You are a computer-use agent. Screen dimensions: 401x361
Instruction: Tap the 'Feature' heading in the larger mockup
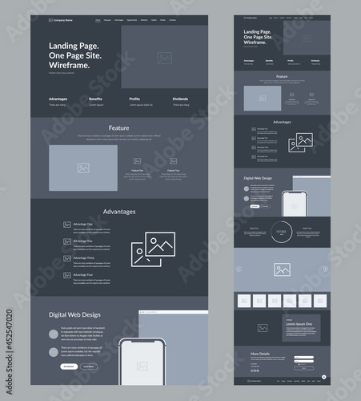[x=119, y=128]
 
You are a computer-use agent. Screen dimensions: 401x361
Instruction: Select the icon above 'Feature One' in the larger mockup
[x=138, y=160]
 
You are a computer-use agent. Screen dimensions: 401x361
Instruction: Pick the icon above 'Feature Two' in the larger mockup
[x=173, y=160]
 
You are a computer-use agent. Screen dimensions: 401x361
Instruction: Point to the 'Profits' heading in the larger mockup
[x=135, y=99]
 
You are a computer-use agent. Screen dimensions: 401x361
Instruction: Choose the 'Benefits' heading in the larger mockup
[x=95, y=99]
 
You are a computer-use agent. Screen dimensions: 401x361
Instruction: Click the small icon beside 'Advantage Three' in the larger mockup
[x=67, y=259]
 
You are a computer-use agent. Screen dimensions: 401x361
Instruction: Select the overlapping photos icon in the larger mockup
[x=154, y=249]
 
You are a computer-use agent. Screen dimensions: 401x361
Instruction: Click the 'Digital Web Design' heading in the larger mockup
[x=74, y=314]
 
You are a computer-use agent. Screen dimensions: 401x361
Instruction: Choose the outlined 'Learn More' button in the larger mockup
[x=88, y=366]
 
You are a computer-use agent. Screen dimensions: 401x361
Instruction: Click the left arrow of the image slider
[x=239, y=269]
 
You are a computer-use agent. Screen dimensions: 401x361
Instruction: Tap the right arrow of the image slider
[x=325, y=269]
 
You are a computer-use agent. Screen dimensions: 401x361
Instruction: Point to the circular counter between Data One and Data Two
[x=282, y=230]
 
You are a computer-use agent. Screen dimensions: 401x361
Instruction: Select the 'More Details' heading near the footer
[x=260, y=353]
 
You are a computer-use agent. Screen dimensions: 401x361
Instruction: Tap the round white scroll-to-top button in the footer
[x=324, y=376]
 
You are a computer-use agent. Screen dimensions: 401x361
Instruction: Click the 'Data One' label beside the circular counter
[x=254, y=228]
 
